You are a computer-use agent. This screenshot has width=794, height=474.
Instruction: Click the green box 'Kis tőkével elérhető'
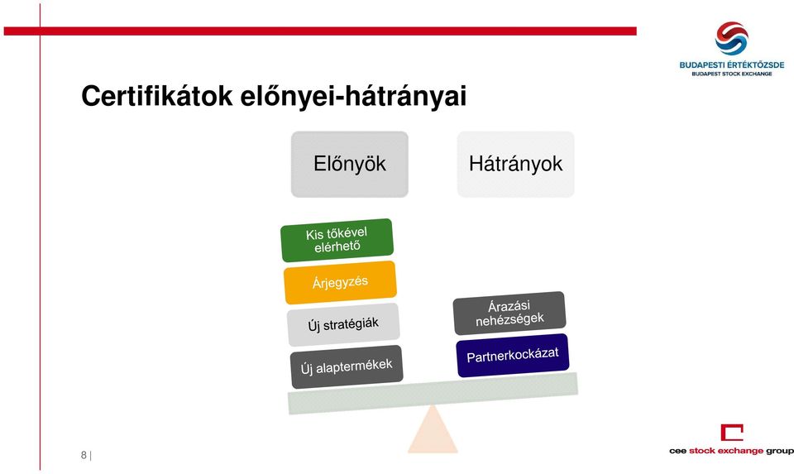tap(337, 240)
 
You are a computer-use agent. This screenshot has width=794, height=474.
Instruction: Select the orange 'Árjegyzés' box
tap(340, 282)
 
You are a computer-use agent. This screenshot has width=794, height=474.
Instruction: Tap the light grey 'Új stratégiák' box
tap(342, 324)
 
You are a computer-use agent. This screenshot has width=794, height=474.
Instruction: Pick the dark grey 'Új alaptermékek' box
tap(347, 366)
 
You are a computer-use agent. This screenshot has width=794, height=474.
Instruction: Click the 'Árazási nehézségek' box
tap(509, 313)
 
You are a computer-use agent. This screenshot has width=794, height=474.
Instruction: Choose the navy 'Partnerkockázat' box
tap(513, 355)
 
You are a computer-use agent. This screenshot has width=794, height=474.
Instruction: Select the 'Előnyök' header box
tap(349, 164)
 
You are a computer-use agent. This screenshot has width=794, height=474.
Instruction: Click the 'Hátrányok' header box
tap(515, 164)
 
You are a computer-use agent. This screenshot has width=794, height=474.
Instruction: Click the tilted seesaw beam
tap(433, 394)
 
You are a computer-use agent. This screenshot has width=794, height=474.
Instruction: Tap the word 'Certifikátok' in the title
tap(157, 96)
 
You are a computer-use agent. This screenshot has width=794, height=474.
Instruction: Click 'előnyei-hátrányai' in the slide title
tap(353, 96)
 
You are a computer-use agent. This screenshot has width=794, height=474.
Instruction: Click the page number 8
tap(84, 455)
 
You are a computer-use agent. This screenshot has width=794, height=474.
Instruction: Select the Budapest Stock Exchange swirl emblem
tap(731, 38)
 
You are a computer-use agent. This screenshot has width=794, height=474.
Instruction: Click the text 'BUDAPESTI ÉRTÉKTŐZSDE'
tap(732, 65)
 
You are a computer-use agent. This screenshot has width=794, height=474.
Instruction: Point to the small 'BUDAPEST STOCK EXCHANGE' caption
tap(732, 74)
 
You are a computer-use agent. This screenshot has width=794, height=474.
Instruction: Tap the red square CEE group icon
tap(732, 433)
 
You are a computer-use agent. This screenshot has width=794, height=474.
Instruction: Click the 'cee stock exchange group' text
tap(731, 451)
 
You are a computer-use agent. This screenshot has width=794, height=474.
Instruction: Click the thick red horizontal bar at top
tap(320, 31)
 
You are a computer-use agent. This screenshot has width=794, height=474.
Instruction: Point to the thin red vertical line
tap(40, 237)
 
